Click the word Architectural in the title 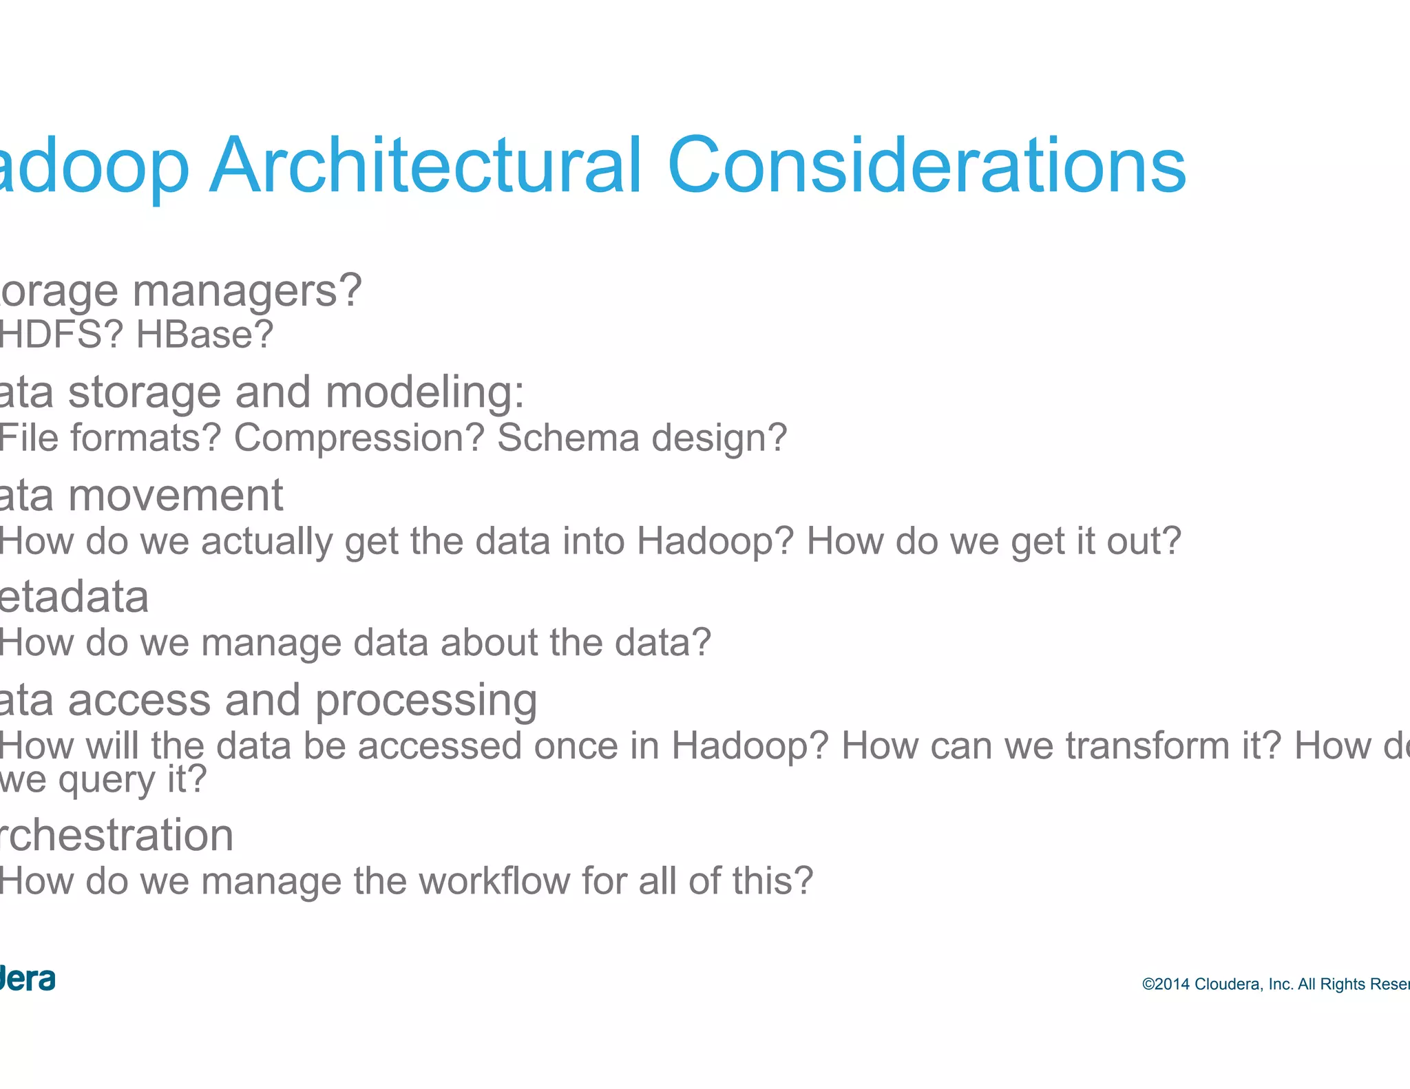[x=425, y=165]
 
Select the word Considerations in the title [x=926, y=165]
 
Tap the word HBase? [x=204, y=335]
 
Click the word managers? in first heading [x=246, y=292]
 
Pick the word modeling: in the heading [x=425, y=392]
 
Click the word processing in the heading [x=426, y=701]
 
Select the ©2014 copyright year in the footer [x=1166, y=984]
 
